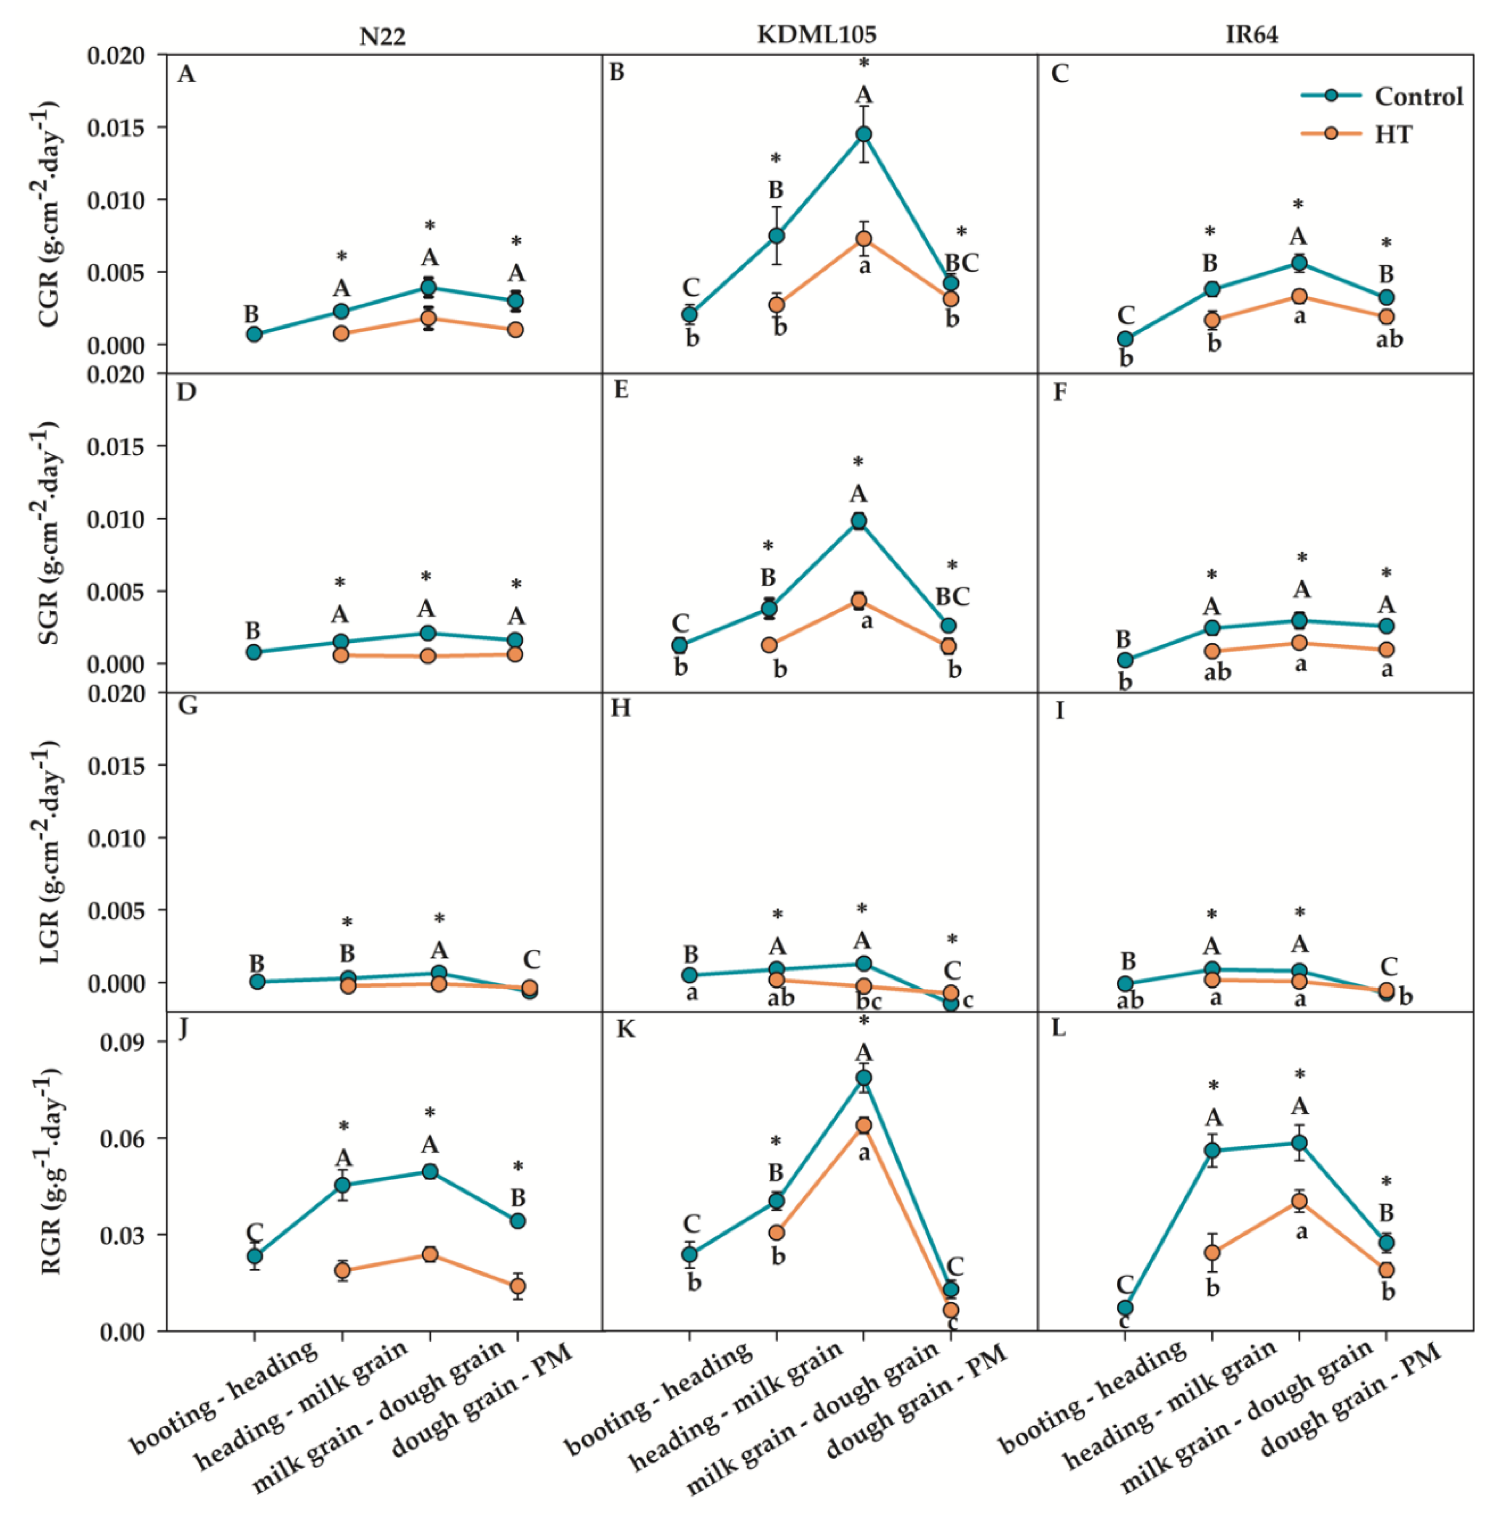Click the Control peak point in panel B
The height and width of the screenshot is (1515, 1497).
pyautogui.click(x=863, y=134)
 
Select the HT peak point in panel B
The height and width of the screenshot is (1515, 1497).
pyautogui.click(x=863, y=238)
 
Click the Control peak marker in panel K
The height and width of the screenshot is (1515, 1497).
pyautogui.click(x=863, y=1077)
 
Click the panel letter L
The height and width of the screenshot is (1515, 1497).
pyautogui.click(x=1059, y=1028)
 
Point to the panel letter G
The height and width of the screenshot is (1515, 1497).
pyautogui.click(x=188, y=707)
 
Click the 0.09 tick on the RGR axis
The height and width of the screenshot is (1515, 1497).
pyautogui.click(x=123, y=1042)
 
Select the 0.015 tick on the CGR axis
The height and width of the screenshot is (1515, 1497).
pyautogui.click(x=116, y=127)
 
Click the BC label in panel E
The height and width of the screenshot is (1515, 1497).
pyautogui.click(x=953, y=597)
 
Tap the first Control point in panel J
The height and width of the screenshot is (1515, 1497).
pyautogui.click(x=254, y=1256)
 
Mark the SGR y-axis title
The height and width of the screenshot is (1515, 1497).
pyautogui.click(x=49, y=533)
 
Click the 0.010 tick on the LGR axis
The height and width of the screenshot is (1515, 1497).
pyautogui.click(x=116, y=838)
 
